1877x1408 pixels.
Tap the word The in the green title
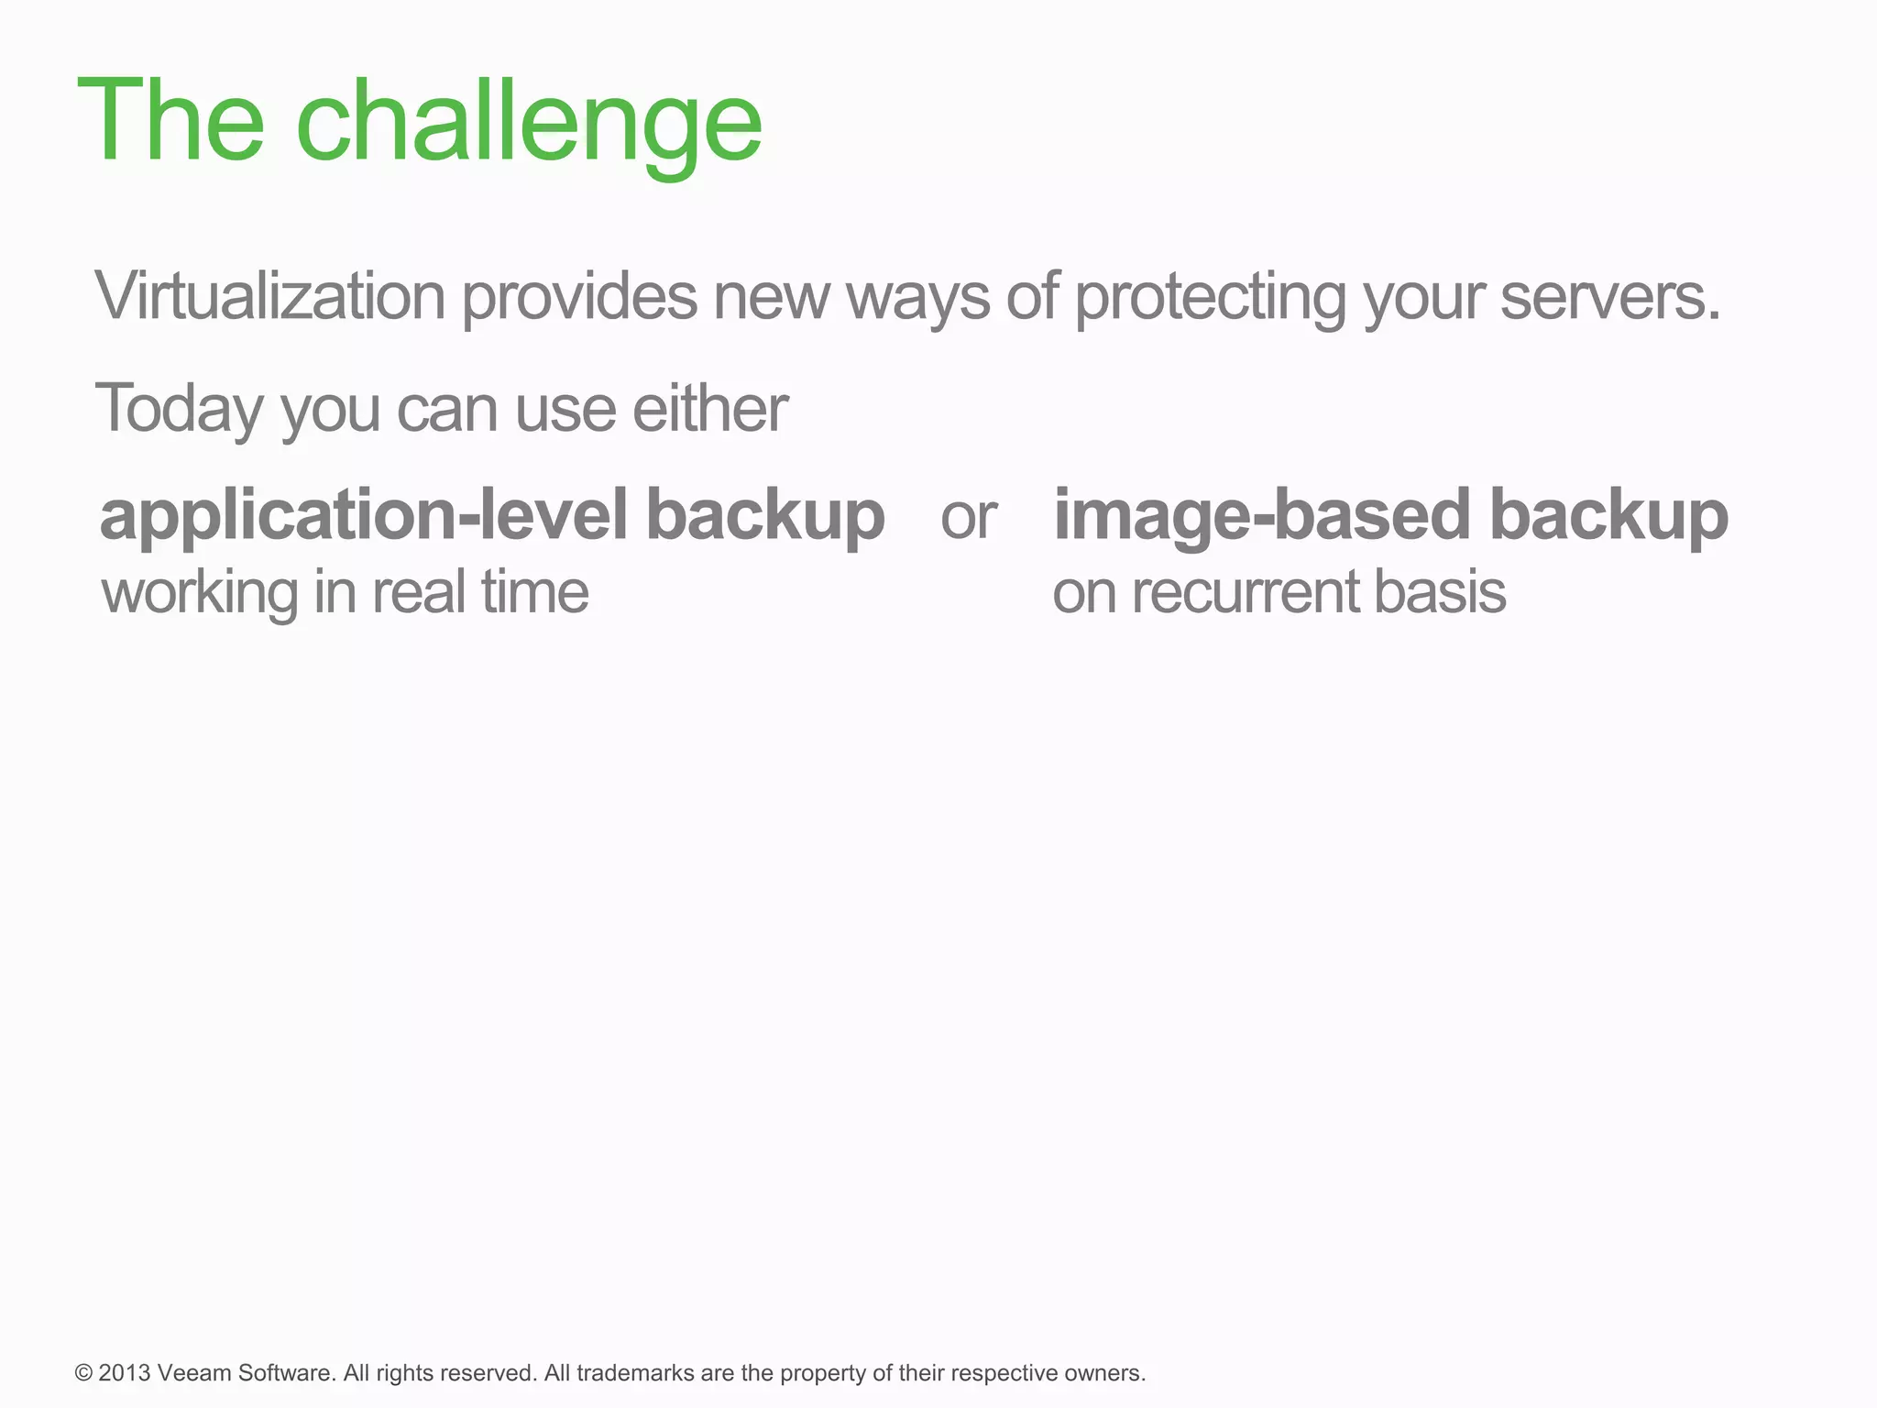[x=170, y=120]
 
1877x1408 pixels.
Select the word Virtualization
[x=269, y=297]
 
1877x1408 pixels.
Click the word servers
[x=1610, y=297]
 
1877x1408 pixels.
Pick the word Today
[x=179, y=409]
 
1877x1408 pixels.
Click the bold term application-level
[x=364, y=515]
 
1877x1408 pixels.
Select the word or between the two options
[x=968, y=519]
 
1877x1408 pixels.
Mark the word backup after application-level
[x=765, y=515]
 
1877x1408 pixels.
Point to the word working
[x=200, y=594]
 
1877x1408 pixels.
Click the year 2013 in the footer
[x=125, y=1373]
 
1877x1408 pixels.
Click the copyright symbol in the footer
[x=84, y=1373]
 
